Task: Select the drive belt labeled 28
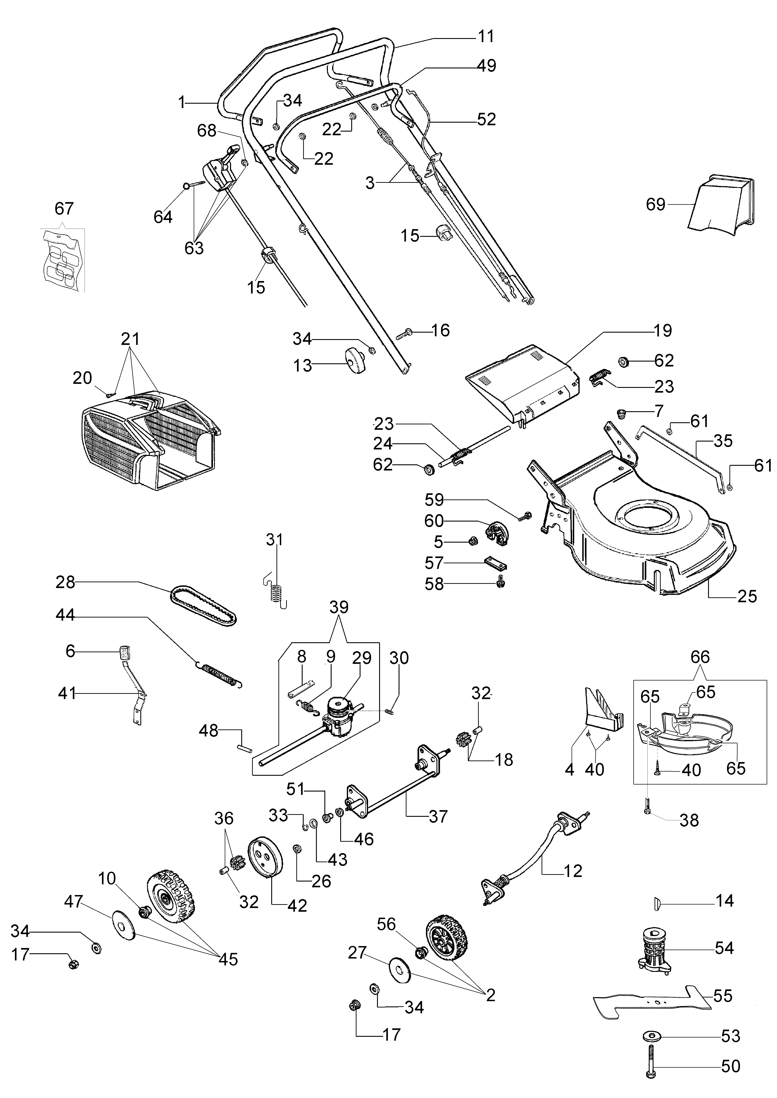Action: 203,605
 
